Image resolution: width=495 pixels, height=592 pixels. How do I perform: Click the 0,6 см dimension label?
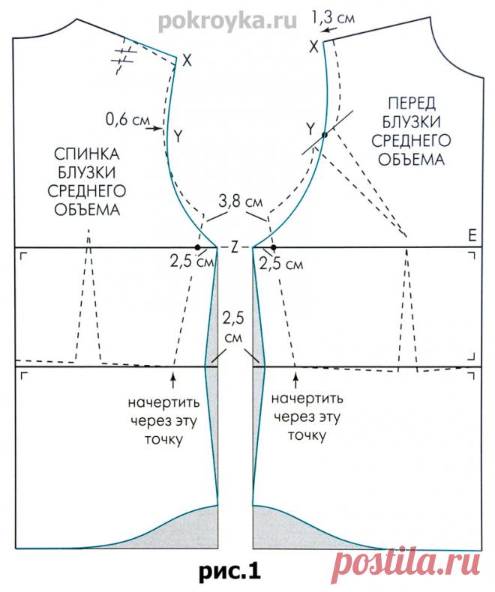point(126,118)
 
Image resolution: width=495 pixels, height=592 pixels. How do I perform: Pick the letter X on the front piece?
point(313,47)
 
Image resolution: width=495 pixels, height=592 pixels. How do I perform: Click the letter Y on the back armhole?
point(178,136)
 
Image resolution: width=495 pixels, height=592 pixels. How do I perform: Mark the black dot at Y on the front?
point(324,135)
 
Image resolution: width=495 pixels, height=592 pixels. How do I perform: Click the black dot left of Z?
point(197,247)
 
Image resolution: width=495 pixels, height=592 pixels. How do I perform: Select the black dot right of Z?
point(274,247)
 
